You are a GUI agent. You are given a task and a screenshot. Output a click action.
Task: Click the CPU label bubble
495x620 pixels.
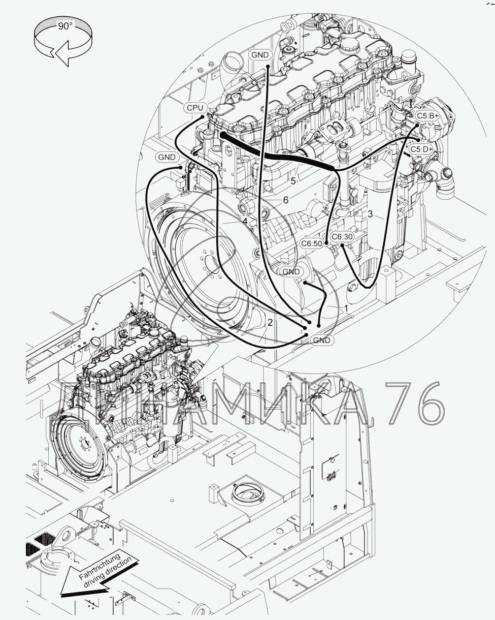195,108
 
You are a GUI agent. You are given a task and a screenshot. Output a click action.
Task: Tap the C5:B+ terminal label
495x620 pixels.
427,116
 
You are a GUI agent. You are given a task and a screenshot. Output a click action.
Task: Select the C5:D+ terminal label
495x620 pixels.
421,149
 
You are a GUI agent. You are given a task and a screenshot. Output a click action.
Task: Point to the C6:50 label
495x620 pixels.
312,243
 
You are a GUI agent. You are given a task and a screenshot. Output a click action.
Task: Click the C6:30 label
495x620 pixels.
342,236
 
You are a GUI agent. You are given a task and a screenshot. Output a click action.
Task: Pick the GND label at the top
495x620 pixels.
260,55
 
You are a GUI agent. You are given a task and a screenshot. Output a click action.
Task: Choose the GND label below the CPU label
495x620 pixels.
167,157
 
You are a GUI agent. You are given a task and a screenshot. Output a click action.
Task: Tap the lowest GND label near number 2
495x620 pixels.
321,340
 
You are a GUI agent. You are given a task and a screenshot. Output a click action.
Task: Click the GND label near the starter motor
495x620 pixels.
291,272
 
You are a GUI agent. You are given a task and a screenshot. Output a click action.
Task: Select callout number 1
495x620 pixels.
346,308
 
